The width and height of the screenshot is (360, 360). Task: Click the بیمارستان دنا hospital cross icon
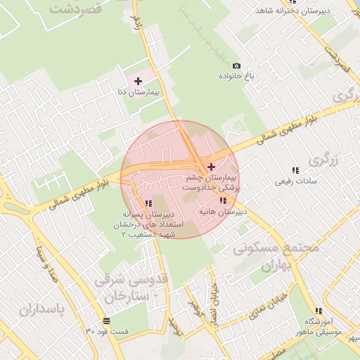click(137, 81)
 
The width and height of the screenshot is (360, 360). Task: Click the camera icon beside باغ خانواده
click(236, 65)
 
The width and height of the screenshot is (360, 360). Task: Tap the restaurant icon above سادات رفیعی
click(295, 170)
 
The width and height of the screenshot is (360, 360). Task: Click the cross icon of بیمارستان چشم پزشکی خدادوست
click(211, 167)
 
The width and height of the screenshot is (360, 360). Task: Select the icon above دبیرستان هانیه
click(203, 202)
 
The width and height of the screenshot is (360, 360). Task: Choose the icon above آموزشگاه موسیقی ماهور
click(319, 311)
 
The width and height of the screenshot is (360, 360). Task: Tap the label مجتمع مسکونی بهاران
click(276, 258)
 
